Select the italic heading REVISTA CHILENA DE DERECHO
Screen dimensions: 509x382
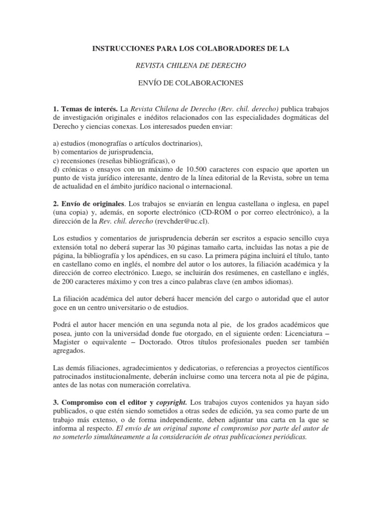(x=191, y=65)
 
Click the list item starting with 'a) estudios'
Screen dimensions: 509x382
(x=128, y=143)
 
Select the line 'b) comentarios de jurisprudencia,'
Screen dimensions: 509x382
(x=103, y=152)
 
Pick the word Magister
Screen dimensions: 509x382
(x=67, y=342)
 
